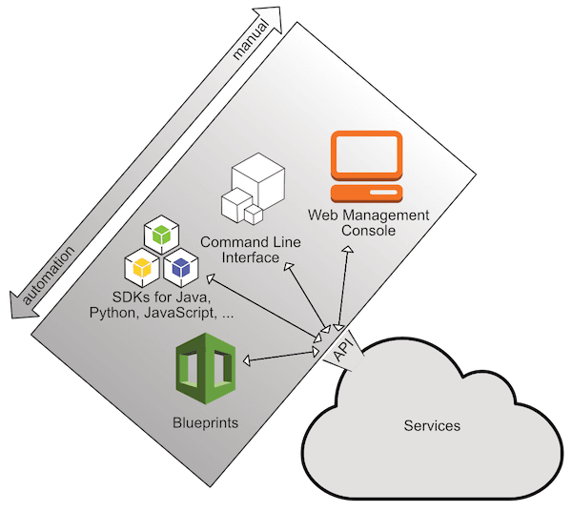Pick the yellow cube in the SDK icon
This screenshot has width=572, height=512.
(141, 268)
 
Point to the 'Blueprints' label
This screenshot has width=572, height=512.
(205, 420)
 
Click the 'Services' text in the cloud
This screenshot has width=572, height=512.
(431, 425)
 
